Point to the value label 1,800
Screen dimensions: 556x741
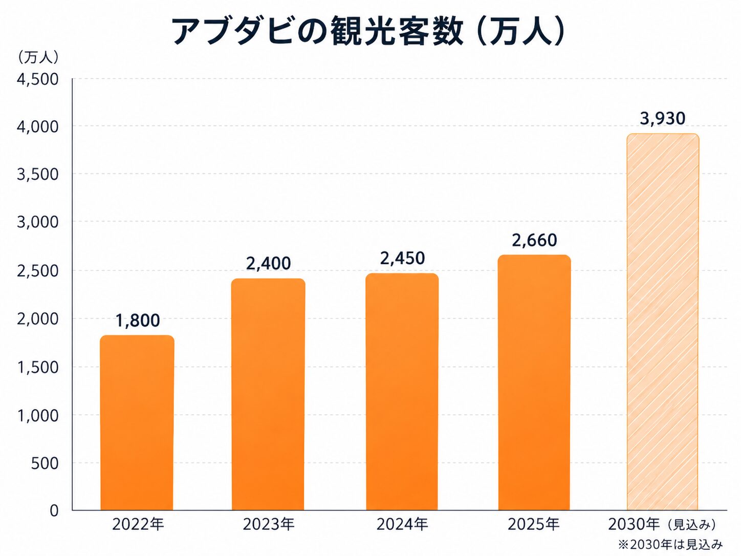(137, 320)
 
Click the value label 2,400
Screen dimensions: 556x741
(268, 263)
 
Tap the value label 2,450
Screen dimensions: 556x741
(402, 258)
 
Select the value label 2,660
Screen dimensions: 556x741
(534, 240)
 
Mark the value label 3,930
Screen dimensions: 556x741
(663, 118)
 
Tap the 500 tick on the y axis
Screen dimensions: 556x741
(45, 463)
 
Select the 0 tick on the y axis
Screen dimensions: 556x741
(54, 510)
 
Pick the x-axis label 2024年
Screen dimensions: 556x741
(402, 524)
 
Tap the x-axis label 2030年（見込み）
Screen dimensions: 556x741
(662, 524)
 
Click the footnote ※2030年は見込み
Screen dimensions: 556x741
(670, 544)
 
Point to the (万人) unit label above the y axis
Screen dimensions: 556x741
(38, 57)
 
